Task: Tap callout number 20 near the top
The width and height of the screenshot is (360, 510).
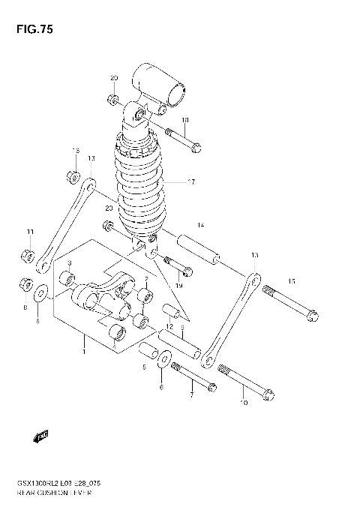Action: (x=114, y=79)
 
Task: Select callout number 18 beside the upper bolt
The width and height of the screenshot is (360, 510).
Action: (x=184, y=121)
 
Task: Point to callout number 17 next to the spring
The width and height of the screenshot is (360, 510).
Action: (x=191, y=182)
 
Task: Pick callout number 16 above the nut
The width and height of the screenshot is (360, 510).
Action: (x=76, y=151)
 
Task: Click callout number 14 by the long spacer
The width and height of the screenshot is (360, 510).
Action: (x=200, y=226)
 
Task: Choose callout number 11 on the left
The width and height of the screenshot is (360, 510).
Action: (x=31, y=230)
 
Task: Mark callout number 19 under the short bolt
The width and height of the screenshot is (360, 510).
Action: (x=179, y=286)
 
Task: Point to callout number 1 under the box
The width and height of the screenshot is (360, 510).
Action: (x=84, y=351)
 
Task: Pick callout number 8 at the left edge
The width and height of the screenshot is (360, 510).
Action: (x=25, y=307)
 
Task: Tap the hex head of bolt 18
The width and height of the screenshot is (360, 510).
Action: (x=196, y=148)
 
